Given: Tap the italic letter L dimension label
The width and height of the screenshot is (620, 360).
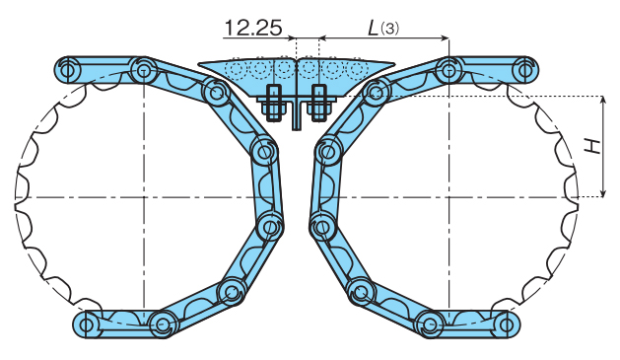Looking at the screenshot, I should click(376, 28).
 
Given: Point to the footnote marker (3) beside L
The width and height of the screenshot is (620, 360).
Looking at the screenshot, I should click(392, 30).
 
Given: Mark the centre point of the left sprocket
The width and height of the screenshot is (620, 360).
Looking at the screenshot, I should click(144, 197).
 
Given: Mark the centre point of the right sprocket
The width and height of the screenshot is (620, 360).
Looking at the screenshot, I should click(448, 197).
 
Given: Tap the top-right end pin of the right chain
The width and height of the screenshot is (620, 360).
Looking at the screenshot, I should click(524, 70).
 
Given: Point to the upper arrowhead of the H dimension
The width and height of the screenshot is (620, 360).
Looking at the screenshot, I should click(601, 101).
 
